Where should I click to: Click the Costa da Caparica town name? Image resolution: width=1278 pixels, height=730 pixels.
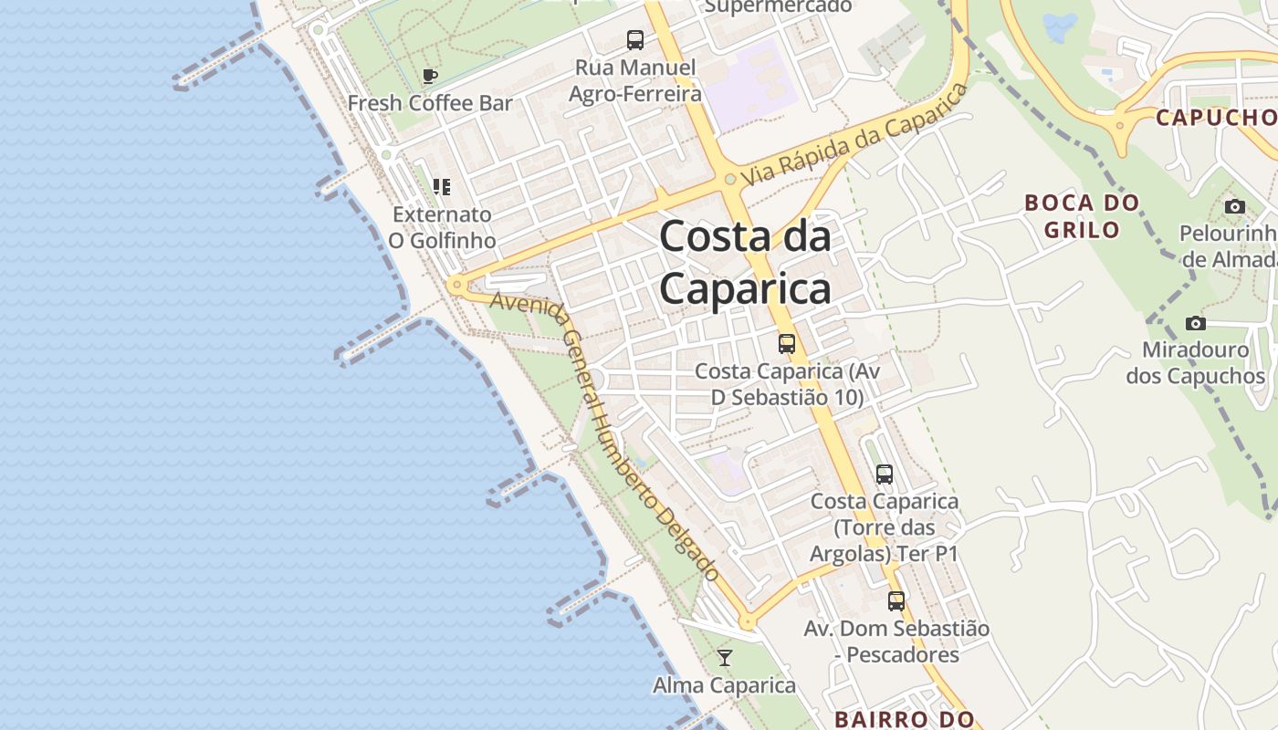pos(745,263)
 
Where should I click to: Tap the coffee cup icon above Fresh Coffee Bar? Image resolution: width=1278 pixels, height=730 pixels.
pos(430,77)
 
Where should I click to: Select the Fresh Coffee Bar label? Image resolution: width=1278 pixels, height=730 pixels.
pos(430,103)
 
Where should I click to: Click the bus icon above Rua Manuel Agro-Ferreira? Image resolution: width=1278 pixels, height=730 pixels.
pos(634,40)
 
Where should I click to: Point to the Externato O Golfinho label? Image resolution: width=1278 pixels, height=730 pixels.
pos(442,227)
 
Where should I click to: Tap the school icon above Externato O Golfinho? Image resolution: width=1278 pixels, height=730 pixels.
pos(442,187)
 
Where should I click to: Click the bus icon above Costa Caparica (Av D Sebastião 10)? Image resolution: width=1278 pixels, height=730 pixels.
pos(786,344)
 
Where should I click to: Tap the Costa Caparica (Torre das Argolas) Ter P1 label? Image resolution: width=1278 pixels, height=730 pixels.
pos(884,527)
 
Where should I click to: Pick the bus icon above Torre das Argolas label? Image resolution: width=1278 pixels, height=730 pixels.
pos(884,474)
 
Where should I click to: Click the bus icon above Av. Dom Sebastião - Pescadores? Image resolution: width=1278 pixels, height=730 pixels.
pos(896,601)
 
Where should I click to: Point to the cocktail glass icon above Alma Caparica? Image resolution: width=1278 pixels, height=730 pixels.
pos(725,658)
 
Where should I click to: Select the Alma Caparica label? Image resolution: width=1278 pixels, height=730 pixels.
pos(725,685)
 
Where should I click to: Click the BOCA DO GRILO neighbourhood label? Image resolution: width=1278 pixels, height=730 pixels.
pos(1082,215)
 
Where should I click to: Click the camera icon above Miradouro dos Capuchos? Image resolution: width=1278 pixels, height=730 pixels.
pos(1195,323)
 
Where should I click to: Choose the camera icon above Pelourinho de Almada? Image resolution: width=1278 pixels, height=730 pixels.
pos(1234,206)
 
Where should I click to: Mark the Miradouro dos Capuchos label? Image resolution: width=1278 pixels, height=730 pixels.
pos(1195,362)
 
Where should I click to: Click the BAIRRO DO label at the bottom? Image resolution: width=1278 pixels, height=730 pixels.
pos(904,719)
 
